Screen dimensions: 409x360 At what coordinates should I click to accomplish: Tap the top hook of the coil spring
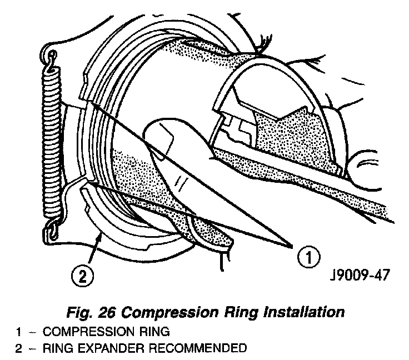(x=53, y=57)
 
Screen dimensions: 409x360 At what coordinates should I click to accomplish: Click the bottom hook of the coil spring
(x=53, y=226)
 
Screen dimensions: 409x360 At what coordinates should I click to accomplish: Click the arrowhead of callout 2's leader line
(x=101, y=236)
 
